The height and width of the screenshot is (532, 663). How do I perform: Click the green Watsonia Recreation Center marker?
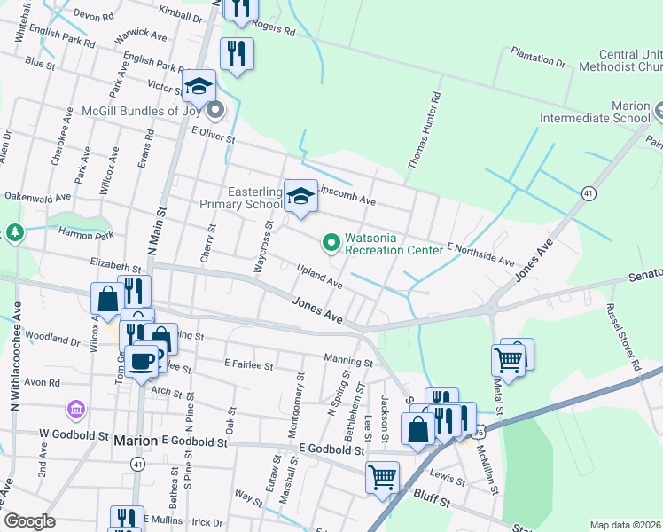[331, 241]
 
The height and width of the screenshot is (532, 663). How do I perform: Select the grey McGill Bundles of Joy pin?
[214, 112]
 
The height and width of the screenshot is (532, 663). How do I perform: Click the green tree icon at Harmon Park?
[14, 233]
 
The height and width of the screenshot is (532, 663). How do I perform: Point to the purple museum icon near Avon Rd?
[75, 410]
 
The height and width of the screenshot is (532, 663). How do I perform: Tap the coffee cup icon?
[142, 360]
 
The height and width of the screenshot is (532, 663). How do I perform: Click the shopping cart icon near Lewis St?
[382, 477]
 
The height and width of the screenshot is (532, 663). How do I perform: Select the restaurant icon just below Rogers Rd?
[237, 53]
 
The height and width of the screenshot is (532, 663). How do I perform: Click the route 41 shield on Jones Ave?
[588, 192]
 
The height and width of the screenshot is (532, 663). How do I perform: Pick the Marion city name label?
[136, 440]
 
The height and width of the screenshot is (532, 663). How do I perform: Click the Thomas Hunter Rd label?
[425, 133]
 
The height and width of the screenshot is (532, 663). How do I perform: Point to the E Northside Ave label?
[480, 255]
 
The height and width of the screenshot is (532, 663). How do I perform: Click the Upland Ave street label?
[319, 275]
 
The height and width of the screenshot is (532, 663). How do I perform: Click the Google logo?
[29, 521]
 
